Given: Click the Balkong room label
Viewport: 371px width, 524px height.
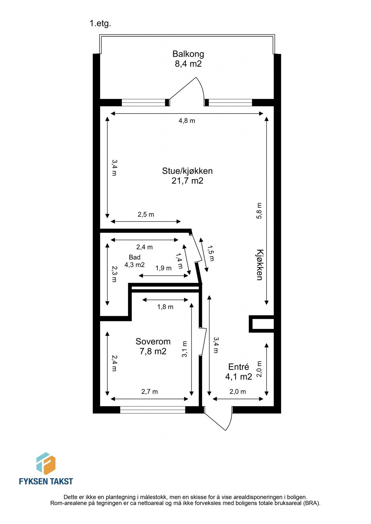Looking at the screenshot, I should (188, 54).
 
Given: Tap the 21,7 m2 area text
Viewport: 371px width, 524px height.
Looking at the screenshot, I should (187, 181).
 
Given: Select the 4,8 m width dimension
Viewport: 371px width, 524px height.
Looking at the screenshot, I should (187, 121).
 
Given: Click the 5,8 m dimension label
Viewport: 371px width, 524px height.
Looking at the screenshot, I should (259, 210).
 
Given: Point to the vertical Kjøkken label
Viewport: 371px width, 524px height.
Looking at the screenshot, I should (259, 265).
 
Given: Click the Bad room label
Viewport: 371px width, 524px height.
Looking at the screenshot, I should (135, 257).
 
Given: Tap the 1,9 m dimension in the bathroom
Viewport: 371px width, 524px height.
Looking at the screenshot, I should (163, 268).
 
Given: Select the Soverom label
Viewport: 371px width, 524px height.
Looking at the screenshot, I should (153, 341).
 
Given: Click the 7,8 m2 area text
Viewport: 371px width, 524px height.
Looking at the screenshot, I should (153, 351).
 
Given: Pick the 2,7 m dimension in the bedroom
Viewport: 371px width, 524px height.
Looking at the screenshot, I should (150, 392).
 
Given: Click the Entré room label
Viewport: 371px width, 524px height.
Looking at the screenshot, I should (238, 367).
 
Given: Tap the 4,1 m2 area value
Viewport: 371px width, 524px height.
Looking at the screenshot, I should (238, 377).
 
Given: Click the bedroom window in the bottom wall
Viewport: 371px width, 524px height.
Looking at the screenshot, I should (152, 410).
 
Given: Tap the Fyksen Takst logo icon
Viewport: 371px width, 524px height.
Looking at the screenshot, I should (46, 464).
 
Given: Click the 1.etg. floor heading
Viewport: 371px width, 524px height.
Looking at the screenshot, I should (100, 24).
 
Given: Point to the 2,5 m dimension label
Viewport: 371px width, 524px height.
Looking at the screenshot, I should (146, 215).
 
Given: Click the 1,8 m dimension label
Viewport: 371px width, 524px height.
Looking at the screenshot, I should (165, 307).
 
